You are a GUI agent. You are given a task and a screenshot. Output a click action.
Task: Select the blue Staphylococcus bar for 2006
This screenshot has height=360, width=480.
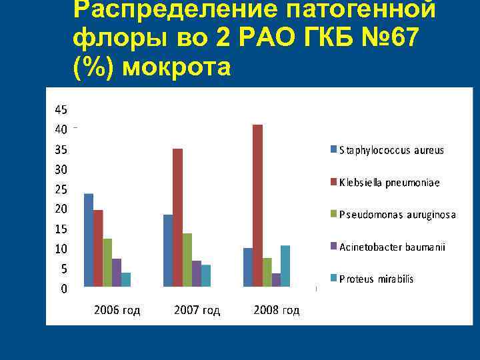(89, 240)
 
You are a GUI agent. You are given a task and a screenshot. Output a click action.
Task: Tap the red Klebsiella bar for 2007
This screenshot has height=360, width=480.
(177, 217)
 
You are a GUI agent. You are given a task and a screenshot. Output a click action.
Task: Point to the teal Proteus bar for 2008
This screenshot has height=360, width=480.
(285, 266)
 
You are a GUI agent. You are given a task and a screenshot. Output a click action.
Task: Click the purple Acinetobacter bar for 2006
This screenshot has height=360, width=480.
(117, 273)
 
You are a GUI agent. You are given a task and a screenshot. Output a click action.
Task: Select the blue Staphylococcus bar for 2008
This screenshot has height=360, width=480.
(248, 267)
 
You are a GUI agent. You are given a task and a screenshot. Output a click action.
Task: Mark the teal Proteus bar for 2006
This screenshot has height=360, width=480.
(126, 279)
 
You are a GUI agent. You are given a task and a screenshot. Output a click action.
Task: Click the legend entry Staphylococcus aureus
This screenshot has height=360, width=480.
(391, 151)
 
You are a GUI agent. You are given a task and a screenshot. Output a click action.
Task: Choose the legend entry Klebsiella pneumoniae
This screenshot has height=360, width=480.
(389, 182)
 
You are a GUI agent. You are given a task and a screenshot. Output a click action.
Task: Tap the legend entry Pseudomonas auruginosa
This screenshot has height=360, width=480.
(397, 215)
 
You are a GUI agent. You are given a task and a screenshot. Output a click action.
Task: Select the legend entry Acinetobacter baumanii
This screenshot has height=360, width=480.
(391, 247)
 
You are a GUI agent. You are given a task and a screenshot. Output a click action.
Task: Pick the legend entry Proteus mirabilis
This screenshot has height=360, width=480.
(376, 279)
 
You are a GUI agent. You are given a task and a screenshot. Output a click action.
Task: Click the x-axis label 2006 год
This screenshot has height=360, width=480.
(117, 310)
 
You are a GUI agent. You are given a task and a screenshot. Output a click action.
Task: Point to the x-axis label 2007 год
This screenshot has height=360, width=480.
(197, 310)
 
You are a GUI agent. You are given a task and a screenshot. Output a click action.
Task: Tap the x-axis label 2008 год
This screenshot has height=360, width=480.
(277, 310)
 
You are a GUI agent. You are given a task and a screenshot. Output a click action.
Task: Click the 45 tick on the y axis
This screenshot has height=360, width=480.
(60, 109)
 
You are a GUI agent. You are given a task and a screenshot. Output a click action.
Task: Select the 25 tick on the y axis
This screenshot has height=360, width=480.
(60, 189)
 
